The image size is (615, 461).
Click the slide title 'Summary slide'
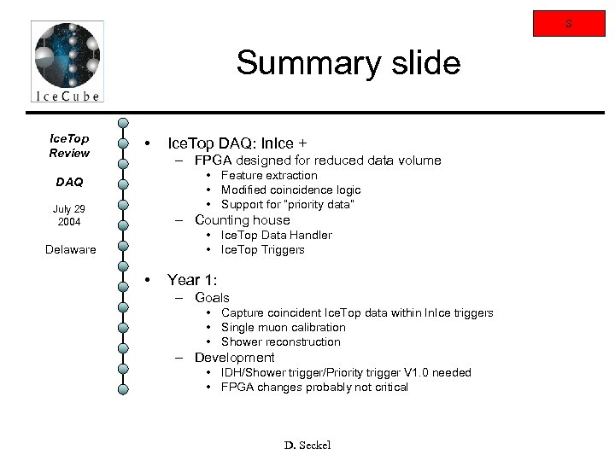click(348, 63)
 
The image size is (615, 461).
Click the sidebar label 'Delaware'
click(72, 249)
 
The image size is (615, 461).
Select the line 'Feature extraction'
click(269, 175)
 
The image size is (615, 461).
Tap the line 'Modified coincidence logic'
click(290, 190)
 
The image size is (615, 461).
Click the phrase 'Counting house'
click(242, 219)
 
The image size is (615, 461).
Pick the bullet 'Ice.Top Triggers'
click(263, 249)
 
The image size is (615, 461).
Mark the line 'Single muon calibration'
click(284, 327)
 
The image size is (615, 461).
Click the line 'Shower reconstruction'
click(280, 341)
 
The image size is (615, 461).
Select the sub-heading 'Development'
click(234, 357)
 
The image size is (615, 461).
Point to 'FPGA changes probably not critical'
click(314, 387)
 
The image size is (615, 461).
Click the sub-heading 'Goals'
click(212, 297)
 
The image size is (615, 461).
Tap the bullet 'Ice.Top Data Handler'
click(277, 235)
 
